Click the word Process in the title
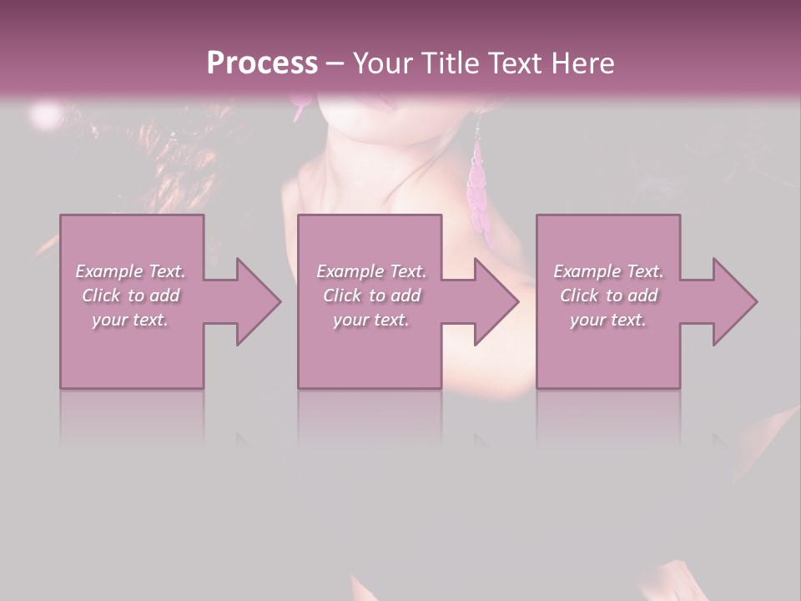262,63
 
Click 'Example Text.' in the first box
130,271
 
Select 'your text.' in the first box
130,320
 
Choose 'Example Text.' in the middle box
371,271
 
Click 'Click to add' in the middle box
371,295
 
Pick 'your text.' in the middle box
371,320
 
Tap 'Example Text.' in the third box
608,271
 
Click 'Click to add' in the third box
608,295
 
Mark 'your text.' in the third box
608,320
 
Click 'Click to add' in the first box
130,295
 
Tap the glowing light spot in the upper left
46,113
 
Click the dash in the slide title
335,63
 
